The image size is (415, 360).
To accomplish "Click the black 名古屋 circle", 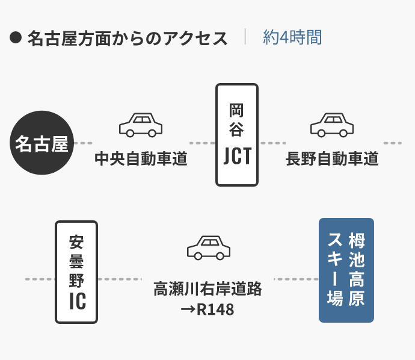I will (41, 143).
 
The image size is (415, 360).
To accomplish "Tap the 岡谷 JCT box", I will (237, 135).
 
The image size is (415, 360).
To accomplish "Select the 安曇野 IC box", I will (76, 272).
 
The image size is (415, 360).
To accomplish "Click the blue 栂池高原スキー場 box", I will (346, 270).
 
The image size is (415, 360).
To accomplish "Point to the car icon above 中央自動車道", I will (141, 125).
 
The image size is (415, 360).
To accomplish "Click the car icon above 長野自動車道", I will (332, 125).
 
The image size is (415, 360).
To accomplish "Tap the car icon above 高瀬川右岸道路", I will (209, 247).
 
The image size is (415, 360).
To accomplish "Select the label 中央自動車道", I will (141, 159).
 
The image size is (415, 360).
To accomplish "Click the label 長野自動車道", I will (332, 159).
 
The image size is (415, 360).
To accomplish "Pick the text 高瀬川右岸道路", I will (208, 289).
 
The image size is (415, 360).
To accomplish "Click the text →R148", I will (208, 310).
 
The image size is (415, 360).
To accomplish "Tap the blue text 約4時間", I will (292, 37).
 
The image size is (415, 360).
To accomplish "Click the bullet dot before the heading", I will (16, 38).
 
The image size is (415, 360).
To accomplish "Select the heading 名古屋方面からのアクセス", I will (128, 38).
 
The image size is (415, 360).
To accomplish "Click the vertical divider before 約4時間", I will (245, 37).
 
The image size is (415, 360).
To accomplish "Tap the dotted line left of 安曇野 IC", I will (39, 279).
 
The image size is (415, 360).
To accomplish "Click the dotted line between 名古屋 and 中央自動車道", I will (83, 143).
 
